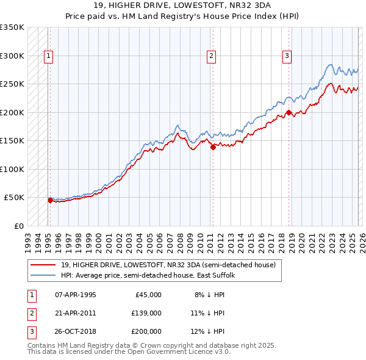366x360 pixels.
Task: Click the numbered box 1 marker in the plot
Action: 48,56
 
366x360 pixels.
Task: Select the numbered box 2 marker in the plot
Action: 211,56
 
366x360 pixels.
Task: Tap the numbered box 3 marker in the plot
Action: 287,56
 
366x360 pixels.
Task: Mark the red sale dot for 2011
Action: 213,146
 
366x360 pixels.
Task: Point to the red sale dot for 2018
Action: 289,112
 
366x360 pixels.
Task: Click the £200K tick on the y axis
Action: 12,112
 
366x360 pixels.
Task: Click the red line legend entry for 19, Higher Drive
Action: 168,265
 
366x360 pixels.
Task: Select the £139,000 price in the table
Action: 146,313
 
